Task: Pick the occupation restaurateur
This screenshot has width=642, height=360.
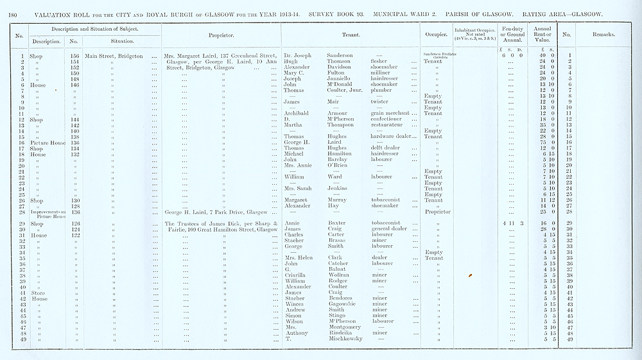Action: [389, 124]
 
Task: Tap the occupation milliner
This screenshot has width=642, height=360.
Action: [383, 73]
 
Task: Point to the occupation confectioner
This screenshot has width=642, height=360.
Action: [390, 119]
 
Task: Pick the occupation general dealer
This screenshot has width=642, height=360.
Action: [391, 228]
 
